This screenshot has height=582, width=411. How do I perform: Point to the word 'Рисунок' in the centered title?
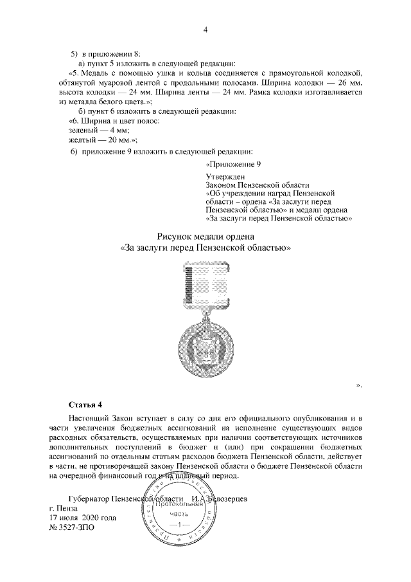(177, 236)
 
